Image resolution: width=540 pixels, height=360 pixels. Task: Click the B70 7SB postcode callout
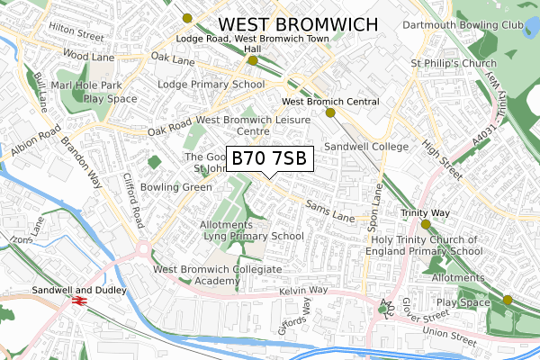pos(269,158)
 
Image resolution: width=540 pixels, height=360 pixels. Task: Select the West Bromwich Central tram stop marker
pos(330,112)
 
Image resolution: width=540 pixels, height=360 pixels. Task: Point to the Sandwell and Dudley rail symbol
pos(78,302)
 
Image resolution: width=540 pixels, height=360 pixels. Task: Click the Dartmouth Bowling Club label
pos(462,24)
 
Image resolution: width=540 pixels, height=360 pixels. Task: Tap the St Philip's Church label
pos(454,64)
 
